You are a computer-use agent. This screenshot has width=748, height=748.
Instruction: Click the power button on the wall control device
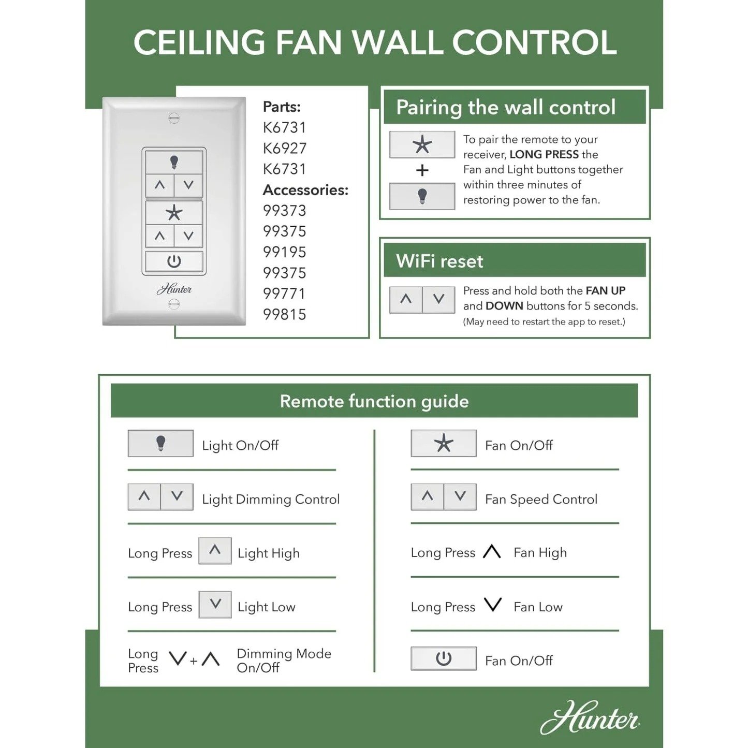[x=174, y=261]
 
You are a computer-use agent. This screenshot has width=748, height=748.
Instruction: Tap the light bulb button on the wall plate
[x=174, y=163]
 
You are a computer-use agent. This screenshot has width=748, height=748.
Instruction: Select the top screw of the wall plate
[x=174, y=118]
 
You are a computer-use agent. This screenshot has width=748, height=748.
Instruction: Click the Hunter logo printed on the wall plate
[x=174, y=289]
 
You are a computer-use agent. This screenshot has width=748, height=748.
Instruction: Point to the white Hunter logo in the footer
[x=590, y=718]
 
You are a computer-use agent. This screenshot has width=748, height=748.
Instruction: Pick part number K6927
[x=285, y=149]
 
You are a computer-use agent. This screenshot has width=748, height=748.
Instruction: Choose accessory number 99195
[x=285, y=252]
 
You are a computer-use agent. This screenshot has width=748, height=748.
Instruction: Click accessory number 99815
[x=285, y=314]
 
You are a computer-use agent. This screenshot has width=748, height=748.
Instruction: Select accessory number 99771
[x=285, y=294]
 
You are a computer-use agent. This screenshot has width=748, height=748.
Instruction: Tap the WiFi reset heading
[x=439, y=261]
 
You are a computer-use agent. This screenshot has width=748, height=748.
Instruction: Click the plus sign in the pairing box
[x=422, y=170]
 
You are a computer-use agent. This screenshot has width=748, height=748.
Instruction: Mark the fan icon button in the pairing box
[x=422, y=144]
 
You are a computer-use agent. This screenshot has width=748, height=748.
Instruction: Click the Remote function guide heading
[x=374, y=401]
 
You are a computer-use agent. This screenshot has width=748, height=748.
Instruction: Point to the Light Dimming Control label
[x=271, y=499]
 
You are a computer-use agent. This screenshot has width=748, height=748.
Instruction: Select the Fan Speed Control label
[x=541, y=499]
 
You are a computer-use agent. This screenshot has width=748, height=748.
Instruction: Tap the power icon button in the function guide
[x=444, y=658]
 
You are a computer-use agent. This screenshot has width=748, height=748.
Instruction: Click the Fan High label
[x=540, y=553]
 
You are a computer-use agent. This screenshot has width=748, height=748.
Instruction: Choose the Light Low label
[x=267, y=607]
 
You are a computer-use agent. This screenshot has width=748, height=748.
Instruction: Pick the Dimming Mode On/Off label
[x=284, y=661]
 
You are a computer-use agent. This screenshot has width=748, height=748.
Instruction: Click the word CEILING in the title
[x=200, y=42]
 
